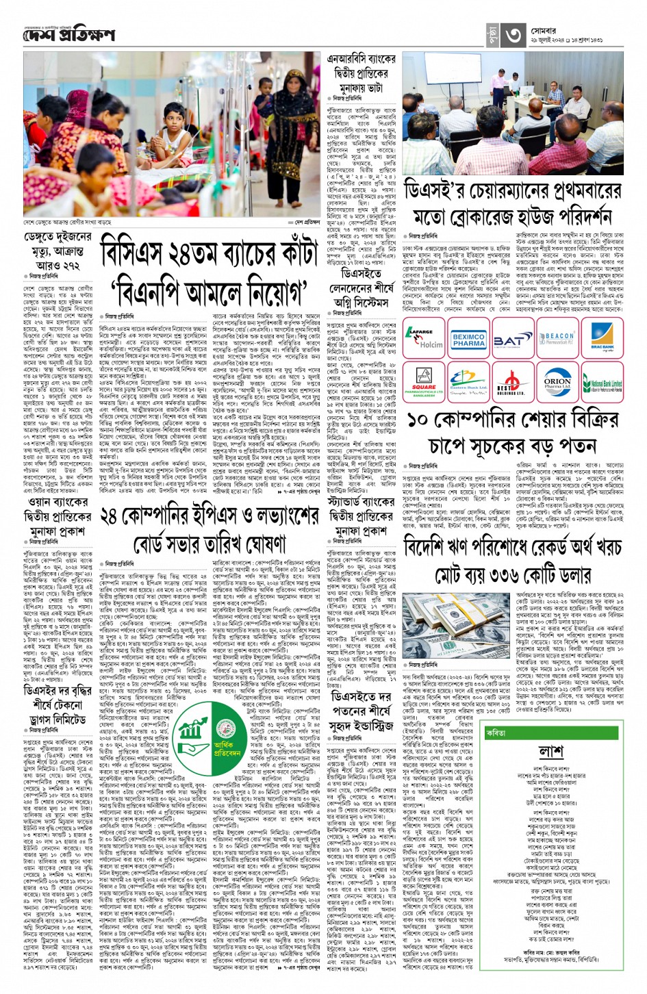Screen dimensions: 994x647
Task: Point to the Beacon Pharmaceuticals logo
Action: point(558,339)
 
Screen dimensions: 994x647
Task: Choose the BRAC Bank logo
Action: point(602,338)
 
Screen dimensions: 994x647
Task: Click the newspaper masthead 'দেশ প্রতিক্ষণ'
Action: point(68,35)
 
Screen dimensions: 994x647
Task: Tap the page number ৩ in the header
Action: point(515,35)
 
